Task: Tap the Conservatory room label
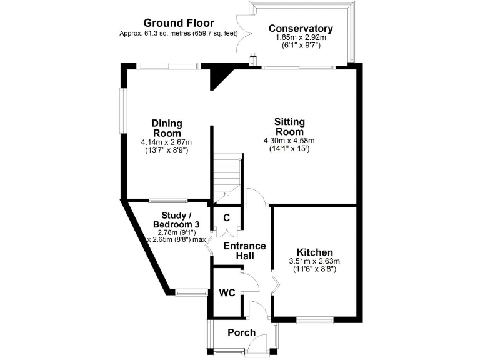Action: click(300, 29)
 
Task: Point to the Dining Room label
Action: click(166, 127)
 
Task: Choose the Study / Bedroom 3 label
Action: click(169, 220)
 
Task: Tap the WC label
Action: click(226, 292)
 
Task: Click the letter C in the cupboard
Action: click(226, 218)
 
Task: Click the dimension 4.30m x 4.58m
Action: click(289, 141)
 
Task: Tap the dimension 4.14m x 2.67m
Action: click(166, 142)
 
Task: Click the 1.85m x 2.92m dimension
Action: click(300, 38)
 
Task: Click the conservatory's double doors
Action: click(244, 34)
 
